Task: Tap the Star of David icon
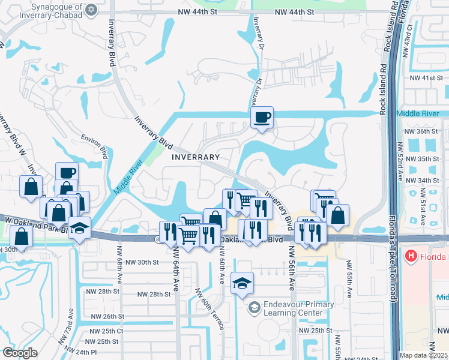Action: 91,10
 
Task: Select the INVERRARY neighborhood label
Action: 196,157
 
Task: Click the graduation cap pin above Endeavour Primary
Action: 242,283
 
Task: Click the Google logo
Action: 19,353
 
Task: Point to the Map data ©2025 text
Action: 423,355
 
